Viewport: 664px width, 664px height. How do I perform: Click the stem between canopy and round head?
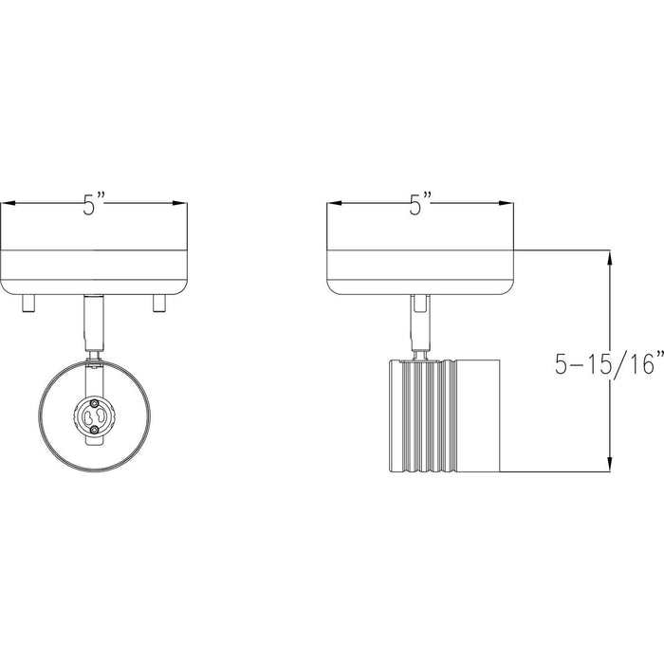click(93, 323)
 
